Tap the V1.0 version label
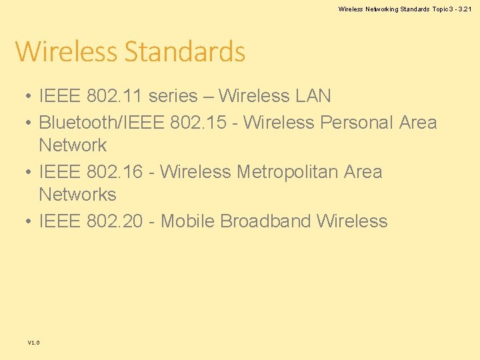point(33,343)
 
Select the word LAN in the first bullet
point(311,96)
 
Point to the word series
point(173,96)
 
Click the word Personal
point(357,123)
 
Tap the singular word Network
point(73,145)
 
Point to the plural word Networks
point(77,195)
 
